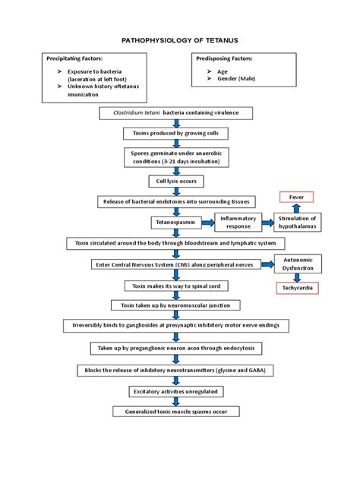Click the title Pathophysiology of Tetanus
[180, 38]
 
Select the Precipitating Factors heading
[76, 58]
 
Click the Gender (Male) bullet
[238, 79]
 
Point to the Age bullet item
[222, 71]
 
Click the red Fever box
[295, 197]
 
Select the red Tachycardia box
[297, 288]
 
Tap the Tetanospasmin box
[175, 223]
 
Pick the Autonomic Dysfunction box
[297, 264]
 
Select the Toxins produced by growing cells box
[175, 133]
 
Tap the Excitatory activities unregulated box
[175, 390]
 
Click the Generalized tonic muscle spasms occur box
[175, 411]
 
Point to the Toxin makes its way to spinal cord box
[175, 286]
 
